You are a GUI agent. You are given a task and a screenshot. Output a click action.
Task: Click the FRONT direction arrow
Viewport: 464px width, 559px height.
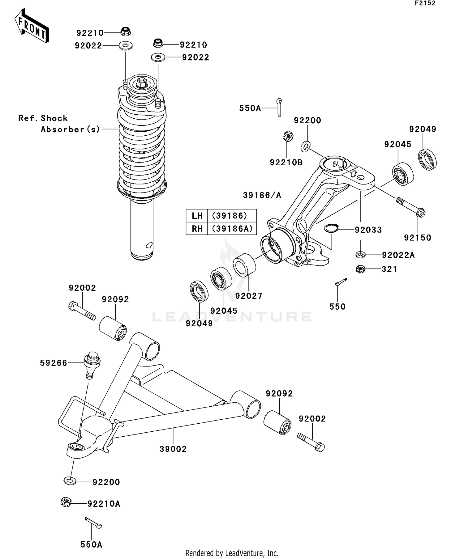[x=32, y=26]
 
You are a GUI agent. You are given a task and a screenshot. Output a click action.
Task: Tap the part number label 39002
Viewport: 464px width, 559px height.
[x=173, y=449]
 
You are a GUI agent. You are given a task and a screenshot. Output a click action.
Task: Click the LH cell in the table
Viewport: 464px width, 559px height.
[x=197, y=215]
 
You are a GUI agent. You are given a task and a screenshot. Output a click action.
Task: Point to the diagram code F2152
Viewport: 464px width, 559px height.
[x=425, y=3]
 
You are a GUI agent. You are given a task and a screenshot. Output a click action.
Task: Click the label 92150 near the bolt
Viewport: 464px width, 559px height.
[x=417, y=238]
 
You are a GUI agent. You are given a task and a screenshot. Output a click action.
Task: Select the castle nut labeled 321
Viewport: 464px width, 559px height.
[x=360, y=269]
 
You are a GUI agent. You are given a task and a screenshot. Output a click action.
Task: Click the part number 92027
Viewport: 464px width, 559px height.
[x=249, y=296]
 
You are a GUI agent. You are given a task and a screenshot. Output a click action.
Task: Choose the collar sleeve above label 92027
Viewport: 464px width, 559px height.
[x=244, y=265]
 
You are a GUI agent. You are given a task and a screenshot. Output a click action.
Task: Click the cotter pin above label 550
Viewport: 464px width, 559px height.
[x=341, y=282]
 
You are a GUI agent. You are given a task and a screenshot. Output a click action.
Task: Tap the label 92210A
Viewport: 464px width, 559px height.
[x=104, y=504]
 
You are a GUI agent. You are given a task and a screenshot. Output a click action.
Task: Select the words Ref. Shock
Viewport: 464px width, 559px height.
[x=43, y=118]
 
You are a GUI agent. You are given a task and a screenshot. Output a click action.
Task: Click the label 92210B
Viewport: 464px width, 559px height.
[x=286, y=163]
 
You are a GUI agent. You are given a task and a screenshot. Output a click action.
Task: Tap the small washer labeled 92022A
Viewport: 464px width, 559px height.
[x=360, y=255]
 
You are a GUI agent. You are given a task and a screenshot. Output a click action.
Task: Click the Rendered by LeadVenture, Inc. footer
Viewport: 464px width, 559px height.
[x=232, y=553]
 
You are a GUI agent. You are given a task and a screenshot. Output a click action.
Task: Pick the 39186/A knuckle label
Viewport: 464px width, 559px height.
[x=262, y=195]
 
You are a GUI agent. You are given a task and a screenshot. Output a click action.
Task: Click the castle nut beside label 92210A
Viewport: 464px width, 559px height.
[x=66, y=502]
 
